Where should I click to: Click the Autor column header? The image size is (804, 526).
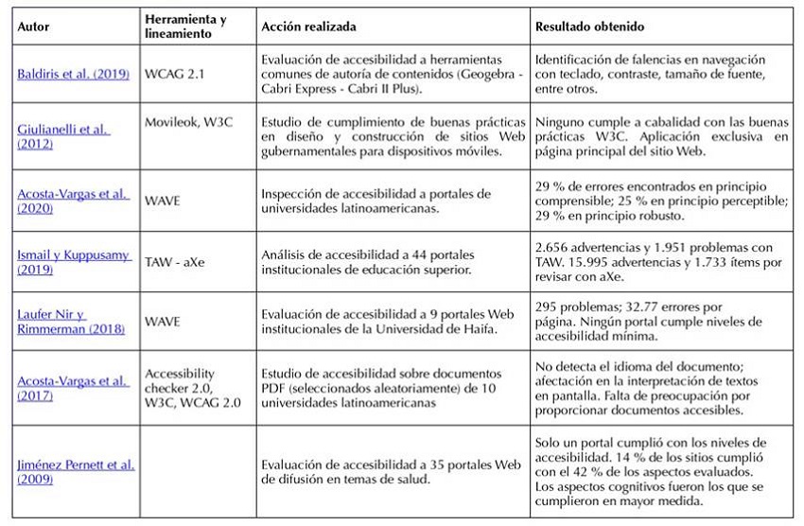(34, 27)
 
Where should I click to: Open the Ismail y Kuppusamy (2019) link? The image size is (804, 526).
(72, 261)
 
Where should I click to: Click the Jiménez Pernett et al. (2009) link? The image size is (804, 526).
(75, 471)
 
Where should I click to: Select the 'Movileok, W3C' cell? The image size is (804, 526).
(186, 122)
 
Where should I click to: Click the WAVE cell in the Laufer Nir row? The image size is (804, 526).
(162, 323)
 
